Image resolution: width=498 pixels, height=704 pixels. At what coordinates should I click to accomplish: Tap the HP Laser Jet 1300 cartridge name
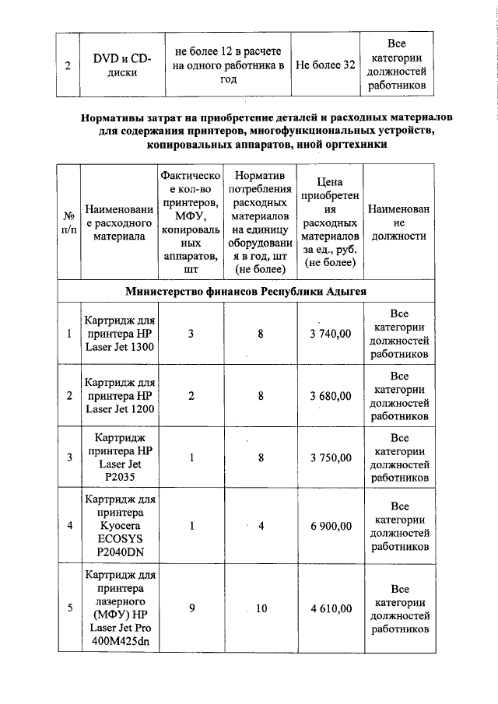click(121, 334)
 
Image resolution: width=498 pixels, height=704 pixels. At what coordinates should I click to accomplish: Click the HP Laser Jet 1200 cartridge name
click(121, 396)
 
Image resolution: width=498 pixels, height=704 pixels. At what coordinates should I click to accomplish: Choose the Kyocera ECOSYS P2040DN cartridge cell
click(121, 527)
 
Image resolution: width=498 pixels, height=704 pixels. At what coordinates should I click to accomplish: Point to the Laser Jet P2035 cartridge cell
click(121, 457)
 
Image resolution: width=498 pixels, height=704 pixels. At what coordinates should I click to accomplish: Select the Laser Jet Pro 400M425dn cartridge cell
click(121, 608)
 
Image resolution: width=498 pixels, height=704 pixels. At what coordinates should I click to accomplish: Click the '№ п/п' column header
click(68, 222)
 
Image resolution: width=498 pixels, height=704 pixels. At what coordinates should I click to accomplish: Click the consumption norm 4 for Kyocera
click(261, 527)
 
